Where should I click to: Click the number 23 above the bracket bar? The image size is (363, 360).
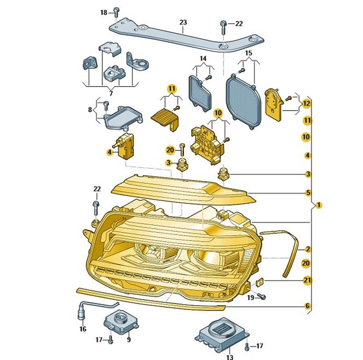tap(183, 22)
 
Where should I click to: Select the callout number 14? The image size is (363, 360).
tap(203, 58)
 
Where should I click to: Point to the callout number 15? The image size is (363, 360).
tap(248, 53)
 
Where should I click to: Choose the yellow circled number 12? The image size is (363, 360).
tap(307, 104)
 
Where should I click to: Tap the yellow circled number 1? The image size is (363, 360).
tap(319, 205)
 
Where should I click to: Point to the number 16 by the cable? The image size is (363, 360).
tap(83, 329)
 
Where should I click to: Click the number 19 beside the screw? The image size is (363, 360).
tap(250, 297)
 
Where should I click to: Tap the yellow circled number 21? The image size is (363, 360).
tap(307, 281)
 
